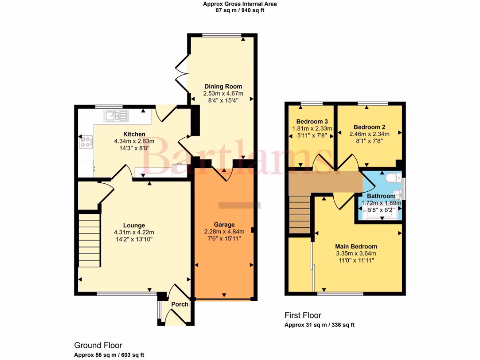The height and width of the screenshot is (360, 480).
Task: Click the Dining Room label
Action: point(223,86)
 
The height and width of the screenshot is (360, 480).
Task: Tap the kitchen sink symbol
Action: point(116,116)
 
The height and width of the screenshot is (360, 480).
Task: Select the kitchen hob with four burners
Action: point(86,142)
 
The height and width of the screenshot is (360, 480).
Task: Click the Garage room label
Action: point(223,225)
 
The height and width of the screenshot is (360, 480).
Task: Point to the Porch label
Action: point(180,304)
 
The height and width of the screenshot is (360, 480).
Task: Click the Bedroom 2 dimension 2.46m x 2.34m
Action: point(369,134)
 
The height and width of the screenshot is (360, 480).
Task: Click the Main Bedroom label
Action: point(356,247)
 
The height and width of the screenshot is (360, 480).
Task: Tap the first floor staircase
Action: point(300,211)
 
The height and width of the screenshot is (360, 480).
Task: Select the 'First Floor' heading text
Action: point(303,315)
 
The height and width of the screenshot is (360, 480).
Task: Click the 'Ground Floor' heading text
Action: point(97,345)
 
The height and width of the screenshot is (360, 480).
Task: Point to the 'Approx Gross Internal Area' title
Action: point(240,4)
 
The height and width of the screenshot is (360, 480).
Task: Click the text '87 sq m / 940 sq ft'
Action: point(240,10)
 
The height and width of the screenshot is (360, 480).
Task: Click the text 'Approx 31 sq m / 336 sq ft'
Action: point(322,325)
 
